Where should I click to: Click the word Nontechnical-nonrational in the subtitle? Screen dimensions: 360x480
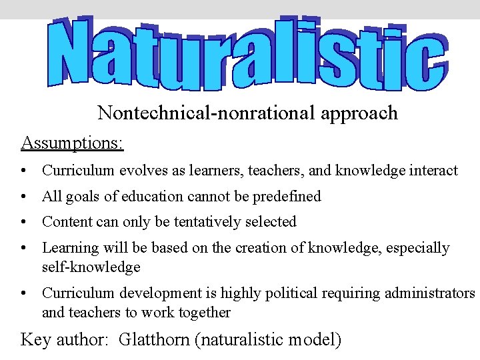(206, 113)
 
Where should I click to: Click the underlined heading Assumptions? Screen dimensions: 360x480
(73, 143)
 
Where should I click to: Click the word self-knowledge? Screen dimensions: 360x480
(91, 267)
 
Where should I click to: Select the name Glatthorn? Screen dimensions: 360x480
(155, 340)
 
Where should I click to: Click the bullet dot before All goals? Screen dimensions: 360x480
(24, 197)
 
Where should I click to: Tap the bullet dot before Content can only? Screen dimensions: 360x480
(24, 222)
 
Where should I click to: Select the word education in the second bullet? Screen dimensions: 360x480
(186, 196)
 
